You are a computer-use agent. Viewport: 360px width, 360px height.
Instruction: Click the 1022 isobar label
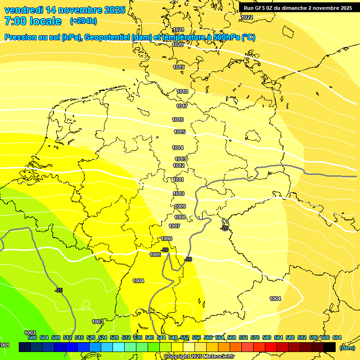(x=247, y=17)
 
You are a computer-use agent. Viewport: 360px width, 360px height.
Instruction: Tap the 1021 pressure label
(x=178, y=30)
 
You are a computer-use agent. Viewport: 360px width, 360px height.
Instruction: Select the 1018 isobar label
(x=182, y=91)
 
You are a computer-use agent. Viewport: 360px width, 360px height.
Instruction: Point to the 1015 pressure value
(x=180, y=132)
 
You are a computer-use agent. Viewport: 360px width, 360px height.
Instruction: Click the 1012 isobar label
(x=179, y=165)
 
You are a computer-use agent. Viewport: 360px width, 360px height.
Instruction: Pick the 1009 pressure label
(x=180, y=206)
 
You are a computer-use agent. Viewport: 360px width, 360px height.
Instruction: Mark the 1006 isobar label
(x=166, y=239)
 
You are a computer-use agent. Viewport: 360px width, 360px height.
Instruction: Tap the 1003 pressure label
(x=97, y=322)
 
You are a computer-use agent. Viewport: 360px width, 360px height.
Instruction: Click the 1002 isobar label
(x=30, y=332)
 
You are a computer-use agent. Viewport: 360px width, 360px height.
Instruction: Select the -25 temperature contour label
(x=59, y=291)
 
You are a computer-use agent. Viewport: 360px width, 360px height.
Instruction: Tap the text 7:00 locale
(x=32, y=22)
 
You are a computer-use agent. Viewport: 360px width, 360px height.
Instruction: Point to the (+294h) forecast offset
(x=84, y=21)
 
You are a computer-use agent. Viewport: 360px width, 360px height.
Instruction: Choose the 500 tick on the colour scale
(x=32, y=337)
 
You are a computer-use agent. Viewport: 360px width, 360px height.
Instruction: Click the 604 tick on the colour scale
(x=337, y=337)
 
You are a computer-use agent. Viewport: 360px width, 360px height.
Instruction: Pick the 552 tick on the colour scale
(x=185, y=337)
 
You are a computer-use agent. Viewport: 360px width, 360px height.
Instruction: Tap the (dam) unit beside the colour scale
(x=347, y=348)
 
